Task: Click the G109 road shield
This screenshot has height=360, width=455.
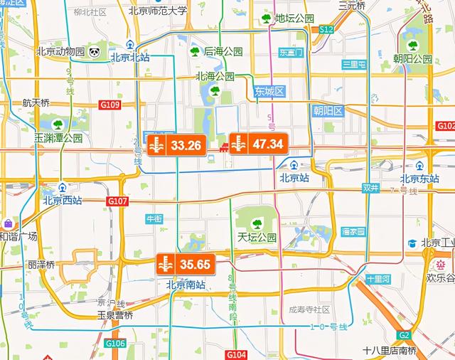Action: (110, 105)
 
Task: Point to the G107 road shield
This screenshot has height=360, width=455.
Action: (118, 201)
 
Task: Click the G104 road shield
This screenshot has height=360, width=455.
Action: (236, 354)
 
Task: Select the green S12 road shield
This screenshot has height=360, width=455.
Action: (326, 29)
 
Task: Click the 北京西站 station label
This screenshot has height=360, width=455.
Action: (62, 200)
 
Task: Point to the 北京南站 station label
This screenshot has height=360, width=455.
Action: (186, 285)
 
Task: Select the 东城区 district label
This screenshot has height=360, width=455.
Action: (269, 91)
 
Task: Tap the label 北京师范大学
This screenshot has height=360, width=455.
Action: (158, 11)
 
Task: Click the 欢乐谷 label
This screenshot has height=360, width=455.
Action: (440, 277)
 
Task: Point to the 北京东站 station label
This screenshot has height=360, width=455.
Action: (419, 179)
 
